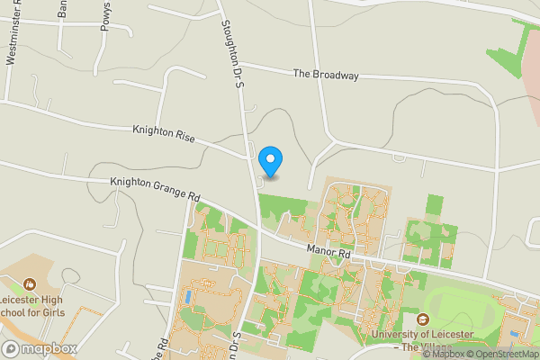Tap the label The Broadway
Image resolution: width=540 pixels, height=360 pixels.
326,75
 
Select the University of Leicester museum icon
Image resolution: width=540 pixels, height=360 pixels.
422,319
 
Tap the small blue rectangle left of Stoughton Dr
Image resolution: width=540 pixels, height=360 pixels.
187,295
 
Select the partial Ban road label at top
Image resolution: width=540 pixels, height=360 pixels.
62,8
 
